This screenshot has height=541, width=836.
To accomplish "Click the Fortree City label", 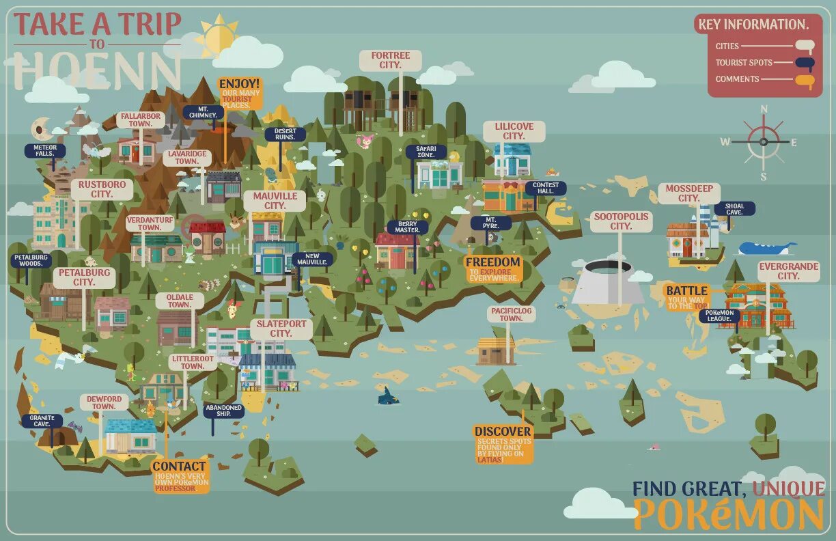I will (x=391, y=60).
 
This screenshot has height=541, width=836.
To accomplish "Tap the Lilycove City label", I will (x=514, y=131).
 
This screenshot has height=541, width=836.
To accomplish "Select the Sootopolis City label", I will (x=621, y=221).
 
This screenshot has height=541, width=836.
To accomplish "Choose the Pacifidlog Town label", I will (x=511, y=314).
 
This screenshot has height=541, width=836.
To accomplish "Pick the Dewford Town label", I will (x=104, y=402).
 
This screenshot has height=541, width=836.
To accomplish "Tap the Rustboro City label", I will (x=102, y=189).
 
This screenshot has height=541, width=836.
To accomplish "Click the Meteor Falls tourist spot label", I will (x=45, y=150).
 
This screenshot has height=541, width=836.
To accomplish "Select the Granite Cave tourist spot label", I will (x=41, y=421).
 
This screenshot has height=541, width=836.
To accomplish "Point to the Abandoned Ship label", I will (x=223, y=411).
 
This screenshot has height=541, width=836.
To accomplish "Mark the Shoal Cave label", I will (x=735, y=208).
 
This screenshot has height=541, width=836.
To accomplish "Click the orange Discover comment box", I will (x=503, y=444).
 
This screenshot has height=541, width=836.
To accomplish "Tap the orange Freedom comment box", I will (x=493, y=269).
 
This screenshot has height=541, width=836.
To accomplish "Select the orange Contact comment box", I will (x=180, y=475).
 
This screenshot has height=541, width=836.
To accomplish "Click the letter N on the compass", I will (x=764, y=109).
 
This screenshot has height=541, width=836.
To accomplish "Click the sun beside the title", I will (x=218, y=36).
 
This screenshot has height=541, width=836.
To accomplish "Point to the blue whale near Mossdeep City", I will (x=765, y=248).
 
